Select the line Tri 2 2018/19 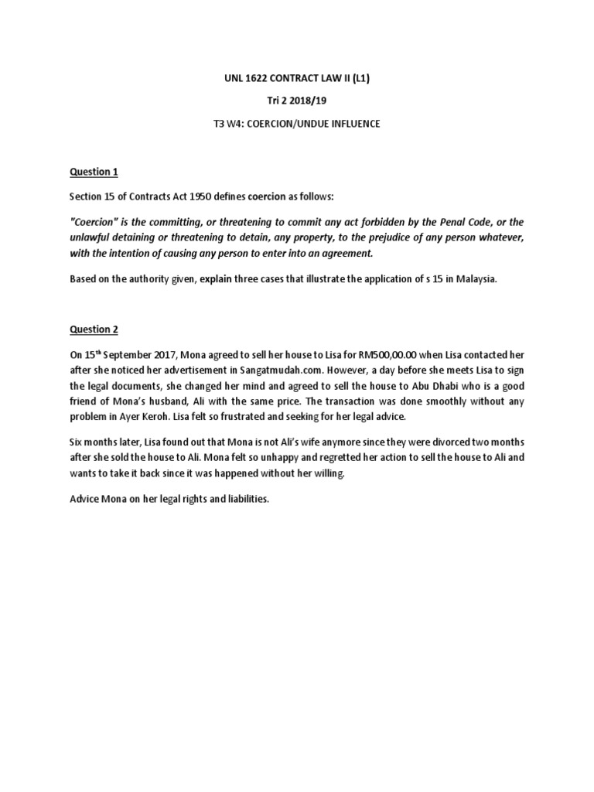click(x=296, y=101)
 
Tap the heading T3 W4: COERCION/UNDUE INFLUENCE click(x=296, y=124)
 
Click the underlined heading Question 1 click(x=93, y=171)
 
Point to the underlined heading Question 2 click(x=93, y=329)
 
